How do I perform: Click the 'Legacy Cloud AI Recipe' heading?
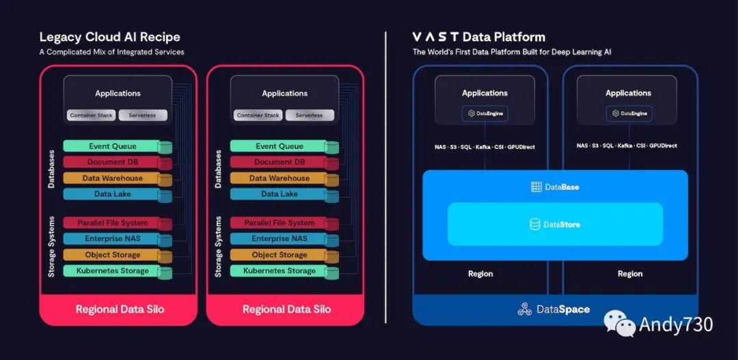pos(109,37)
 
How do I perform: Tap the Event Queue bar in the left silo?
pos(112,146)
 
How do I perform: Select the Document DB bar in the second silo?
pos(279,163)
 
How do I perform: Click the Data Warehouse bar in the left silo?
pos(112,178)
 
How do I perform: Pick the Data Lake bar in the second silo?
pos(279,194)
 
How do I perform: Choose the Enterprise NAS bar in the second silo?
pos(279,239)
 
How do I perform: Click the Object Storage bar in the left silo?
pos(112,255)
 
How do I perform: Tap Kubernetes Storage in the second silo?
pos(279,271)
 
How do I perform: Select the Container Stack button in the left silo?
pos(91,115)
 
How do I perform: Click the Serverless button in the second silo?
pos(309,115)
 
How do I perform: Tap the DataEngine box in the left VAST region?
pos(485,113)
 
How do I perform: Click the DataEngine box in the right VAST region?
pos(629,113)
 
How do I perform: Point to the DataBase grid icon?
pos(536,187)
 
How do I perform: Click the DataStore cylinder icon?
pos(535,224)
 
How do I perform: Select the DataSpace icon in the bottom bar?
pos(524,309)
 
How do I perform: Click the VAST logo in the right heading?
pos(435,37)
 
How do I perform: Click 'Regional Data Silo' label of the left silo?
pos(120,309)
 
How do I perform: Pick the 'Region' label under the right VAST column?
pos(629,274)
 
